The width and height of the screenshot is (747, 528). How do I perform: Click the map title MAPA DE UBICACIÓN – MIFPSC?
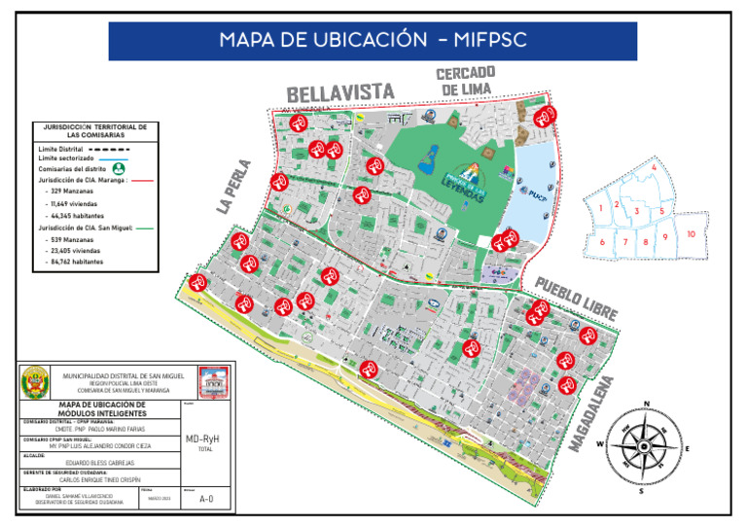click(x=373, y=41)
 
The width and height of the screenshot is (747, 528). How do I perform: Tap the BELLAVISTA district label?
click(x=340, y=92)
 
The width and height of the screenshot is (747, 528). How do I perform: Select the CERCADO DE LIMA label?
click(x=465, y=81)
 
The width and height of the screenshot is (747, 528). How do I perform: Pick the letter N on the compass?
click(x=646, y=404)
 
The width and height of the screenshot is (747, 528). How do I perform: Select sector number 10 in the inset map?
click(x=690, y=234)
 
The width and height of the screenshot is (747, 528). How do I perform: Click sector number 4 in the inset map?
click(x=654, y=167)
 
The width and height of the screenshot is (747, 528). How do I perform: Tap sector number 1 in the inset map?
click(x=603, y=207)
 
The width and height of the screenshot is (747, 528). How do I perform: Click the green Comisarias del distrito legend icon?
click(x=119, y=168)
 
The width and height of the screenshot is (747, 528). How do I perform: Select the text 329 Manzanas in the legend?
click(x=68, y=192)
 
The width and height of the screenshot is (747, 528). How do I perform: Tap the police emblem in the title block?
click(x=35, y=381)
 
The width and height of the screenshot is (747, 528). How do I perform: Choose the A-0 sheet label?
click(x=205, y=499)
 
